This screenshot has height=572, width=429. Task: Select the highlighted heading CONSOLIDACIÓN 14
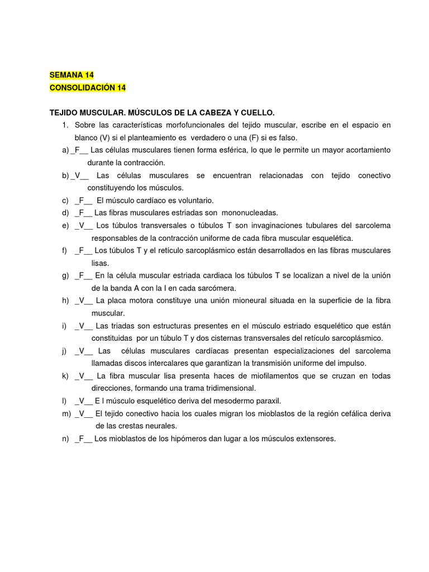click(88, 88)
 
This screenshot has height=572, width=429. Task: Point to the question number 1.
click(65, 125)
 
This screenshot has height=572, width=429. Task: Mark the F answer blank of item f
click(82, 250)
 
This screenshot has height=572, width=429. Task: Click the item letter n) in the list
click(65, 438)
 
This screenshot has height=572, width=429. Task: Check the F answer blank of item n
click(82, 438)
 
